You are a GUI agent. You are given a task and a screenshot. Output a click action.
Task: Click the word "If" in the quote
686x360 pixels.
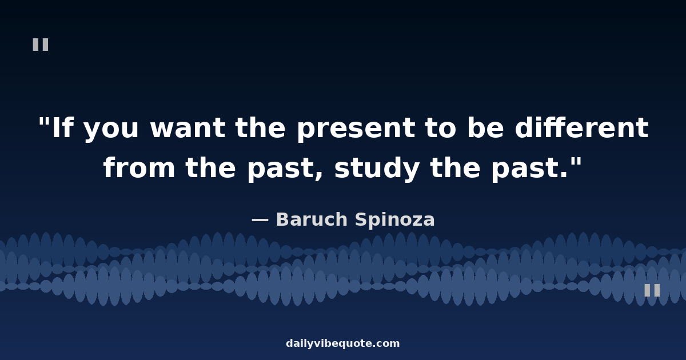pos(63,127)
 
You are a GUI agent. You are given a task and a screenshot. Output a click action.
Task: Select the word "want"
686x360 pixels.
pos(188,128)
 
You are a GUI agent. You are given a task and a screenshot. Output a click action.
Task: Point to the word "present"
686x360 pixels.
pos(356,130)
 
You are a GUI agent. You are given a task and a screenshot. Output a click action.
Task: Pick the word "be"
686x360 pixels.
pos(486,127)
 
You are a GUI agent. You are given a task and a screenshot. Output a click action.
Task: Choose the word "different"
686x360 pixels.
pos(581,127)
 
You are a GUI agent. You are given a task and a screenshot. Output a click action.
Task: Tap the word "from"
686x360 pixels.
pos(139,166)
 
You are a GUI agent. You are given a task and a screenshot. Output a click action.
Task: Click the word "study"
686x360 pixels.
pos(377,169)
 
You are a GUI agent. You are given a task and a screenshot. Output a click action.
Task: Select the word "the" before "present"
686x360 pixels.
pos(260,127)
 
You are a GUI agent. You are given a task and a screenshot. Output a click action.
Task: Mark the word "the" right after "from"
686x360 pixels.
pos(210,166)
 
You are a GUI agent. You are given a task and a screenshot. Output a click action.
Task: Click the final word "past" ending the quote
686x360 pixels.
pos(525,170)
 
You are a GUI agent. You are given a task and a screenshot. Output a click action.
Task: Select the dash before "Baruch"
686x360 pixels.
pos(260,219)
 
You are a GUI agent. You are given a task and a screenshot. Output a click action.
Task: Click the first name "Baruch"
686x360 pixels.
pos(312,219)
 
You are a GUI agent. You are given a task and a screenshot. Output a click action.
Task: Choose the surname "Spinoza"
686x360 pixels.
pos(395,220)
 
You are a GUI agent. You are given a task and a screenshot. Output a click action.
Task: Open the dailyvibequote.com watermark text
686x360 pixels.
pos(342,343)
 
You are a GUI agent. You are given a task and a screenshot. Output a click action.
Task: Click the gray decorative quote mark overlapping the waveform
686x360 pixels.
pos(652,290)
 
